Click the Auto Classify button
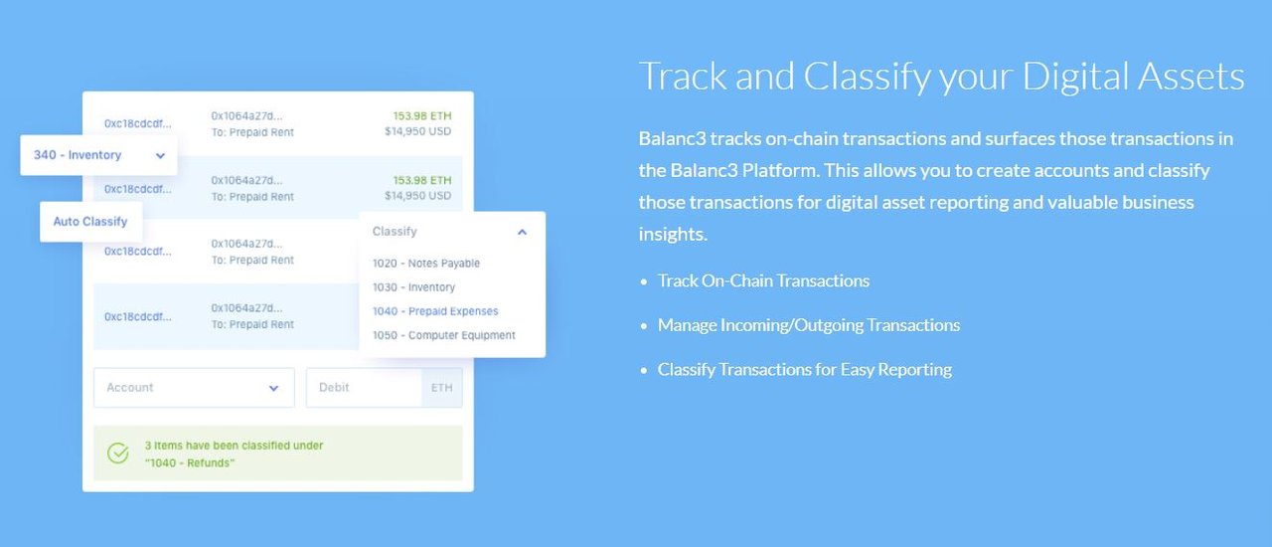(90, 221)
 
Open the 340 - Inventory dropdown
(98, 155)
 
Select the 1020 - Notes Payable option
(426, 264)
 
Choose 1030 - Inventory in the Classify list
(413, 287)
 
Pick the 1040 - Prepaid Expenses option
(435, 311)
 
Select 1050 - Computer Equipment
(444, 335)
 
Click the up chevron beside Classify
(523, 232)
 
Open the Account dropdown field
(194, 387)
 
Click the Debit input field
(364, 387)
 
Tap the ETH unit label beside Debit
(442, 387)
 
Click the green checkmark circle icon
(118, 454)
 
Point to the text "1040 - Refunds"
(190, 462)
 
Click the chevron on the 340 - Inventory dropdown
(160, 155)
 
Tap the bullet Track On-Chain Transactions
(763, 280)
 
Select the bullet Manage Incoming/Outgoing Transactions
(809, 324)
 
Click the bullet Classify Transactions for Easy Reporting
(805, 369)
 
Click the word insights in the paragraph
(673, 234)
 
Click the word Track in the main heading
(683, 77)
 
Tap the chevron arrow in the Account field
(273, 388)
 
